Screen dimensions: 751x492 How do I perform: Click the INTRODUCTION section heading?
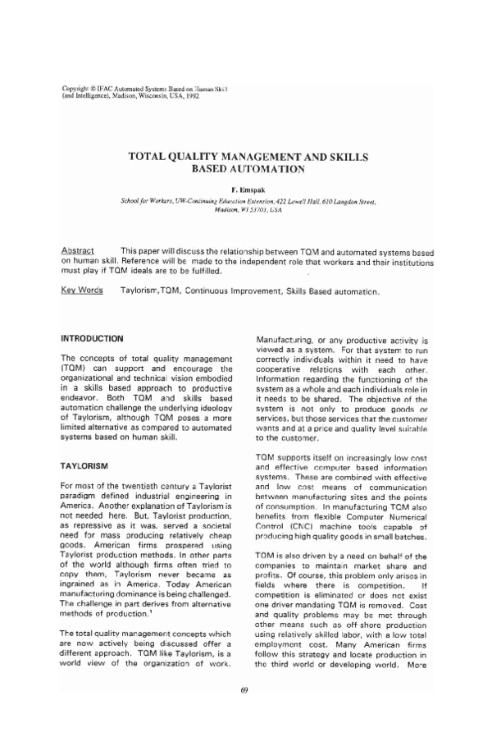coord(93,338)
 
